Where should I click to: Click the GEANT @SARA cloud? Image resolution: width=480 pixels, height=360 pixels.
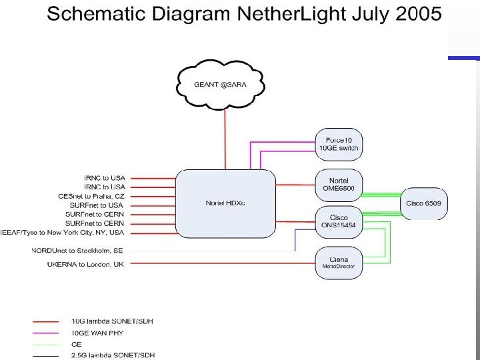[224, 85]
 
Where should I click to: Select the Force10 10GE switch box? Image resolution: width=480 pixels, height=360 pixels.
[339, 144]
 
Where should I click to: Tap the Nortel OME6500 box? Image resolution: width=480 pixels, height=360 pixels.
[339, 185]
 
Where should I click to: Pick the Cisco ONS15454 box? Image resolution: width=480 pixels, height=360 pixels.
[339, 222]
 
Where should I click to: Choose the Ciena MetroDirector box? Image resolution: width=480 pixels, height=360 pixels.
[339, 263]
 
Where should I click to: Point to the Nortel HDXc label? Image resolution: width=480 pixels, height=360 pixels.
[225, 203]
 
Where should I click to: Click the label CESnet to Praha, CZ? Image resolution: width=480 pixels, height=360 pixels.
[91, 196]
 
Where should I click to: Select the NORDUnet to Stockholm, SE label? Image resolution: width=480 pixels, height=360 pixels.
[78, 251]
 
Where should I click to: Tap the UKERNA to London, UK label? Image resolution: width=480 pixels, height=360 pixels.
[85, 264]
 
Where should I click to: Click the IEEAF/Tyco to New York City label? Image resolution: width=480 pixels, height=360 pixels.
[62, 233]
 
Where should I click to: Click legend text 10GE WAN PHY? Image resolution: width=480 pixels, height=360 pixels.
[97, 332]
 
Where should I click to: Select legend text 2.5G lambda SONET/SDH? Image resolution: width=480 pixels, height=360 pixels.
[113, 355]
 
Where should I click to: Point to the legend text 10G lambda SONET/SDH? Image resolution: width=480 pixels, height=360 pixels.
[112, 321]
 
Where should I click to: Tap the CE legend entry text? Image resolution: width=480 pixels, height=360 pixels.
[76, 343]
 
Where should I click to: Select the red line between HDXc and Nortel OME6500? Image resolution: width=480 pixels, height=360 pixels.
[295, 185]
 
